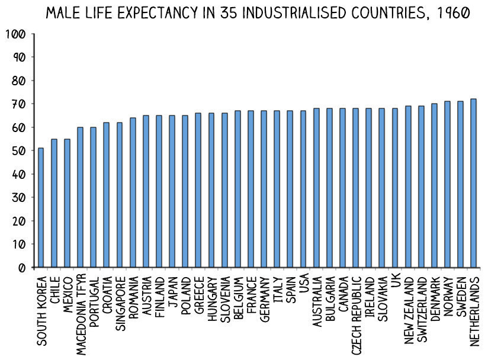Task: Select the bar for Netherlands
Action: (473, 183)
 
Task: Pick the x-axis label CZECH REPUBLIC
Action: (356, 310)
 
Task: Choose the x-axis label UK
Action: (395, 282)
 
